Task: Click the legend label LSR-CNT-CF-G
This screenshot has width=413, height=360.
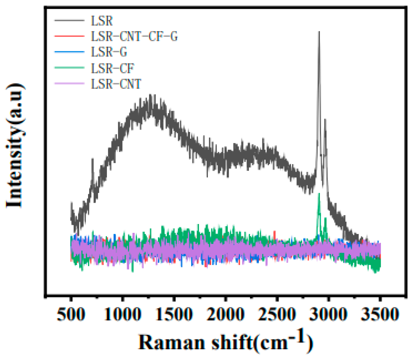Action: click(x=134, y=36)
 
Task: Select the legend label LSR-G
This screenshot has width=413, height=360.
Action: click(x=109, y=52)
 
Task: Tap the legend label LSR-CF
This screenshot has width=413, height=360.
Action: click(x=112, y=68)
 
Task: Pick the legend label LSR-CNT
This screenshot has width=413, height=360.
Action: click(x=116, y=84)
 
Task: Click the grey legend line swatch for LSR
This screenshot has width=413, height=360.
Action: click(x=69, y=20)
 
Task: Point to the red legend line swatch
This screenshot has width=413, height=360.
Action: click(x=69, y=36)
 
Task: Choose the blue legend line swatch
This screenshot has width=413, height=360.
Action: click(x=69, y=52)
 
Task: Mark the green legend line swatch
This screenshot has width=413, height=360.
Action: click(x=69, y=68)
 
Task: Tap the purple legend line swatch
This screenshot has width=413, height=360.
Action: click(x=69, y=84)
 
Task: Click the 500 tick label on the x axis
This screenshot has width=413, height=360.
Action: click(x=71, y=314)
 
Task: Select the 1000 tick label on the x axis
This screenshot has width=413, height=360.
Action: click(x=123, y=314)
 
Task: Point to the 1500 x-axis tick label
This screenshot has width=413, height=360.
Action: click(x=174, y=314)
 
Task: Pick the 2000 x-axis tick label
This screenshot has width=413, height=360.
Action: click(x=226, y=314)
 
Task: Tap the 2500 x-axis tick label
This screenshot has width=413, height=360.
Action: click(x=277, y=314)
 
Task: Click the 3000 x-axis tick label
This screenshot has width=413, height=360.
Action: click(x=328, y=314)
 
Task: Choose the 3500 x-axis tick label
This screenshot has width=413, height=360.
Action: click(x=380, y=314)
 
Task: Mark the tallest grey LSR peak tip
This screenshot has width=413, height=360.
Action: click(x=319, y=32)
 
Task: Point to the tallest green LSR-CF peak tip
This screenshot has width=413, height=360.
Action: click(x=319, y=193)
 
